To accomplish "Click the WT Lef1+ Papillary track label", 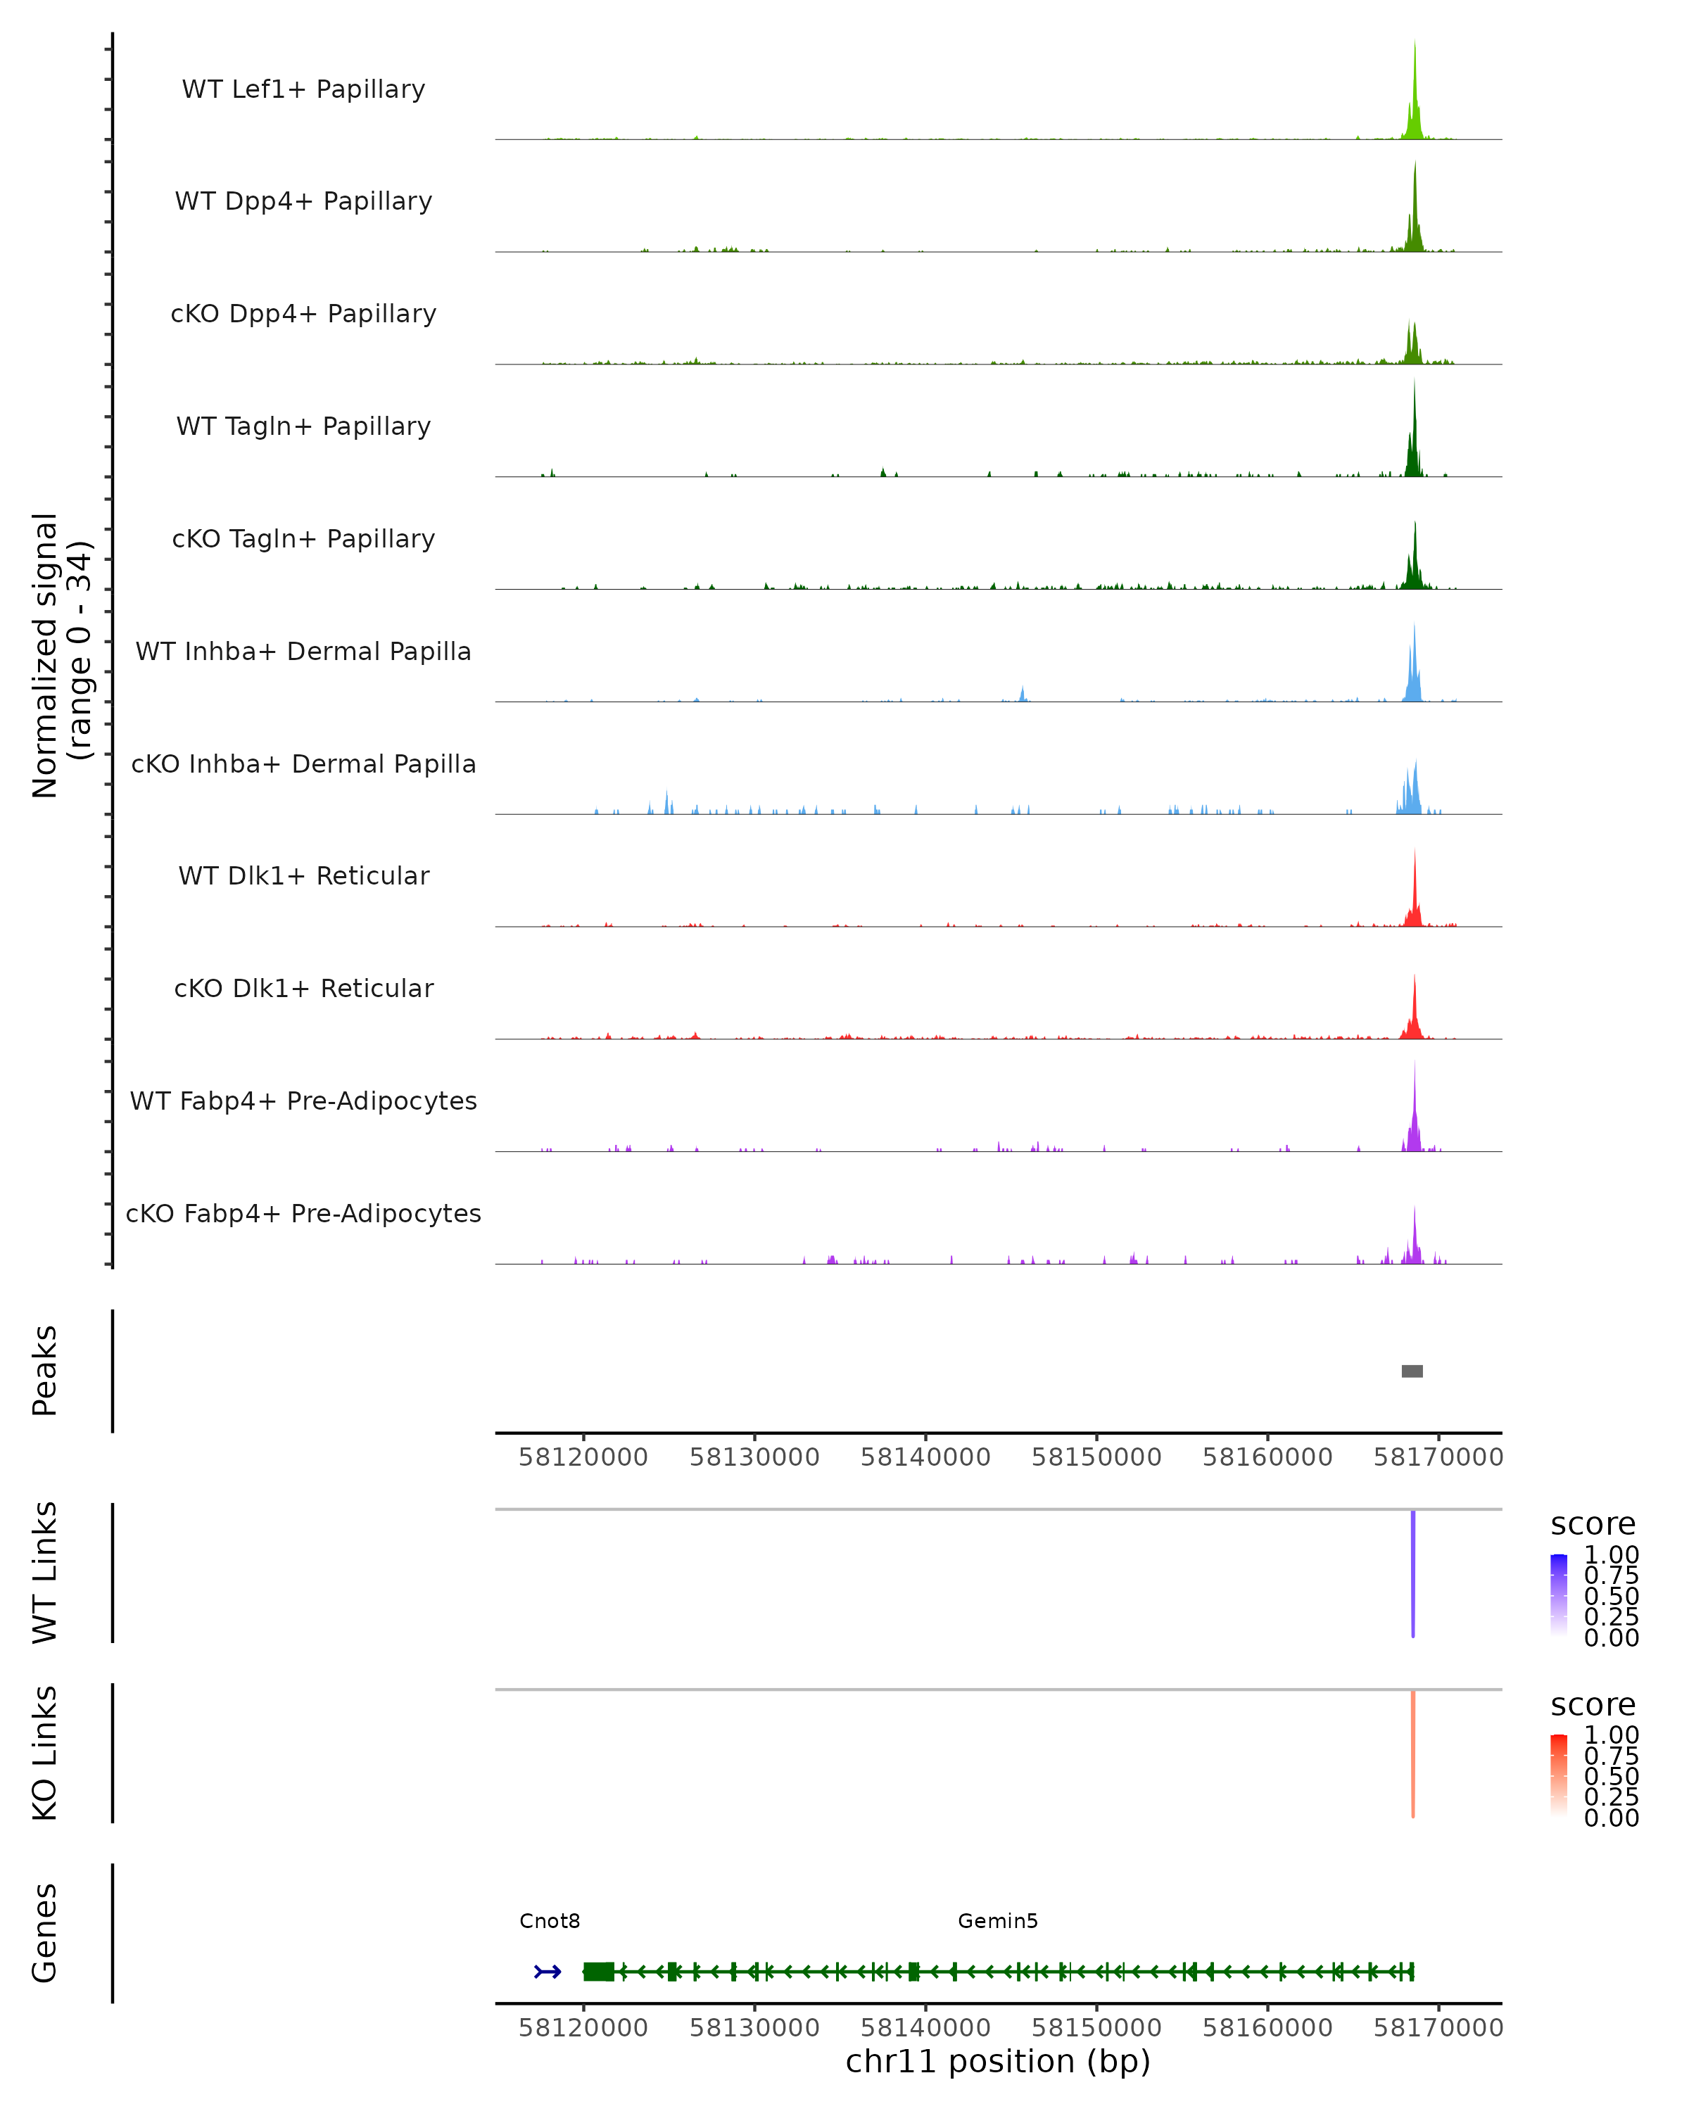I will point(303,89).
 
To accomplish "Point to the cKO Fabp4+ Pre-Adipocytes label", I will point(303,1213).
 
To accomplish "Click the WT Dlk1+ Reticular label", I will point(303,875).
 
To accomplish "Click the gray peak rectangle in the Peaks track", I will point(1412,1371).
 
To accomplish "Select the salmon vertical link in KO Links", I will point(1413,1754).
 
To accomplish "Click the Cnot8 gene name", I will point(550,1920).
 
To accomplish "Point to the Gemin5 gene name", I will point(998,1920).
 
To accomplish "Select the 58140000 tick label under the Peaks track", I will point(925,1457).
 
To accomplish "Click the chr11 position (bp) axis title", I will point(998,2061).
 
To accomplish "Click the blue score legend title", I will point(1593,1523).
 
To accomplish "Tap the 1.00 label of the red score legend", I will point(1612,1735).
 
